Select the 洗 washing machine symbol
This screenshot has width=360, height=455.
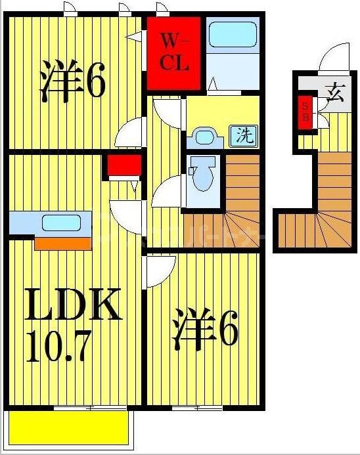click(x=244, y=136)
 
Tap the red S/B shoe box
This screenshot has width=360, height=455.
click(x=305, y=111)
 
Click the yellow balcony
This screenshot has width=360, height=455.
click(x=69, y=427)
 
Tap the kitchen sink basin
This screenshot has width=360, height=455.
click(x=61, y=223)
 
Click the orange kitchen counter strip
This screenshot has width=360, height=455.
click(x=62, y=244)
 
